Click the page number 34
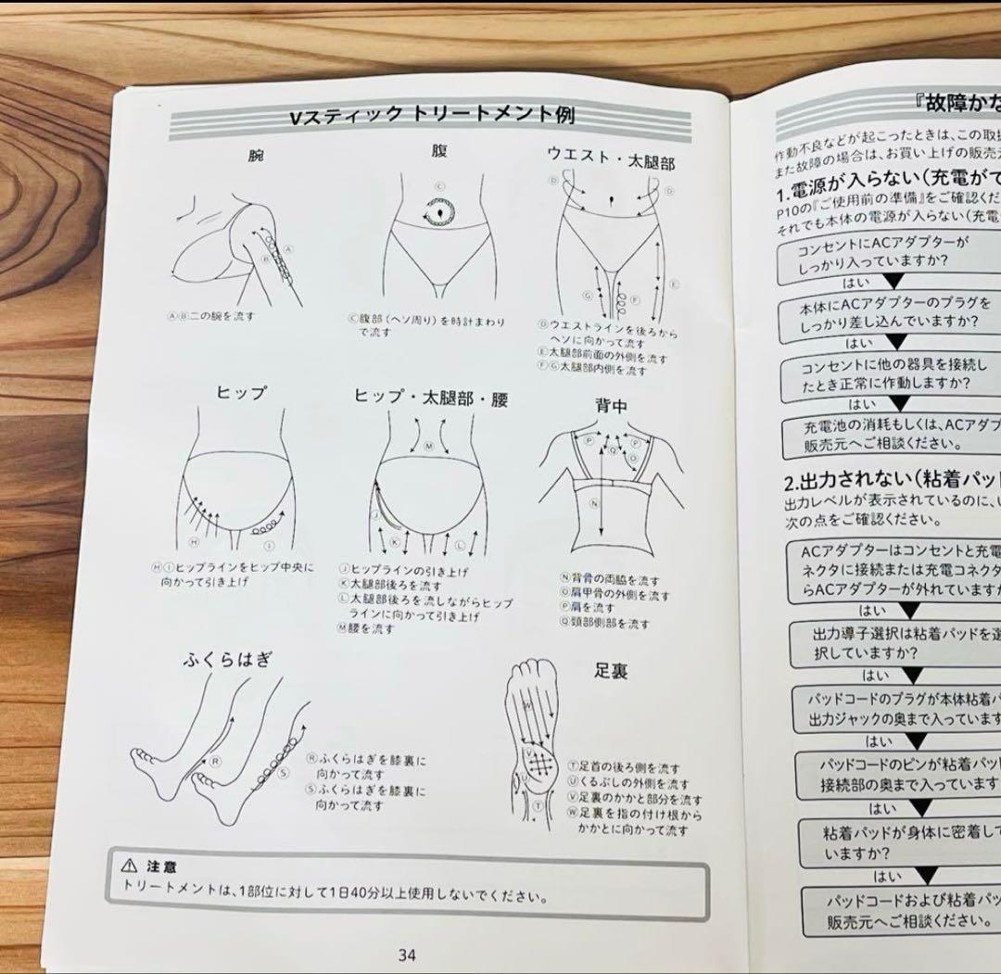[406, 955]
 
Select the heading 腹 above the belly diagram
[439, 151]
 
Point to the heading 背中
[612, 405]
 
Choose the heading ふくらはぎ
[227, 659]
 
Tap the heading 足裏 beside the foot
[611, 670]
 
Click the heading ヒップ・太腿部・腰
[431, 398]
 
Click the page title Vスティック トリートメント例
[432, 116]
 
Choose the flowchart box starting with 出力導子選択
[894, 642]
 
